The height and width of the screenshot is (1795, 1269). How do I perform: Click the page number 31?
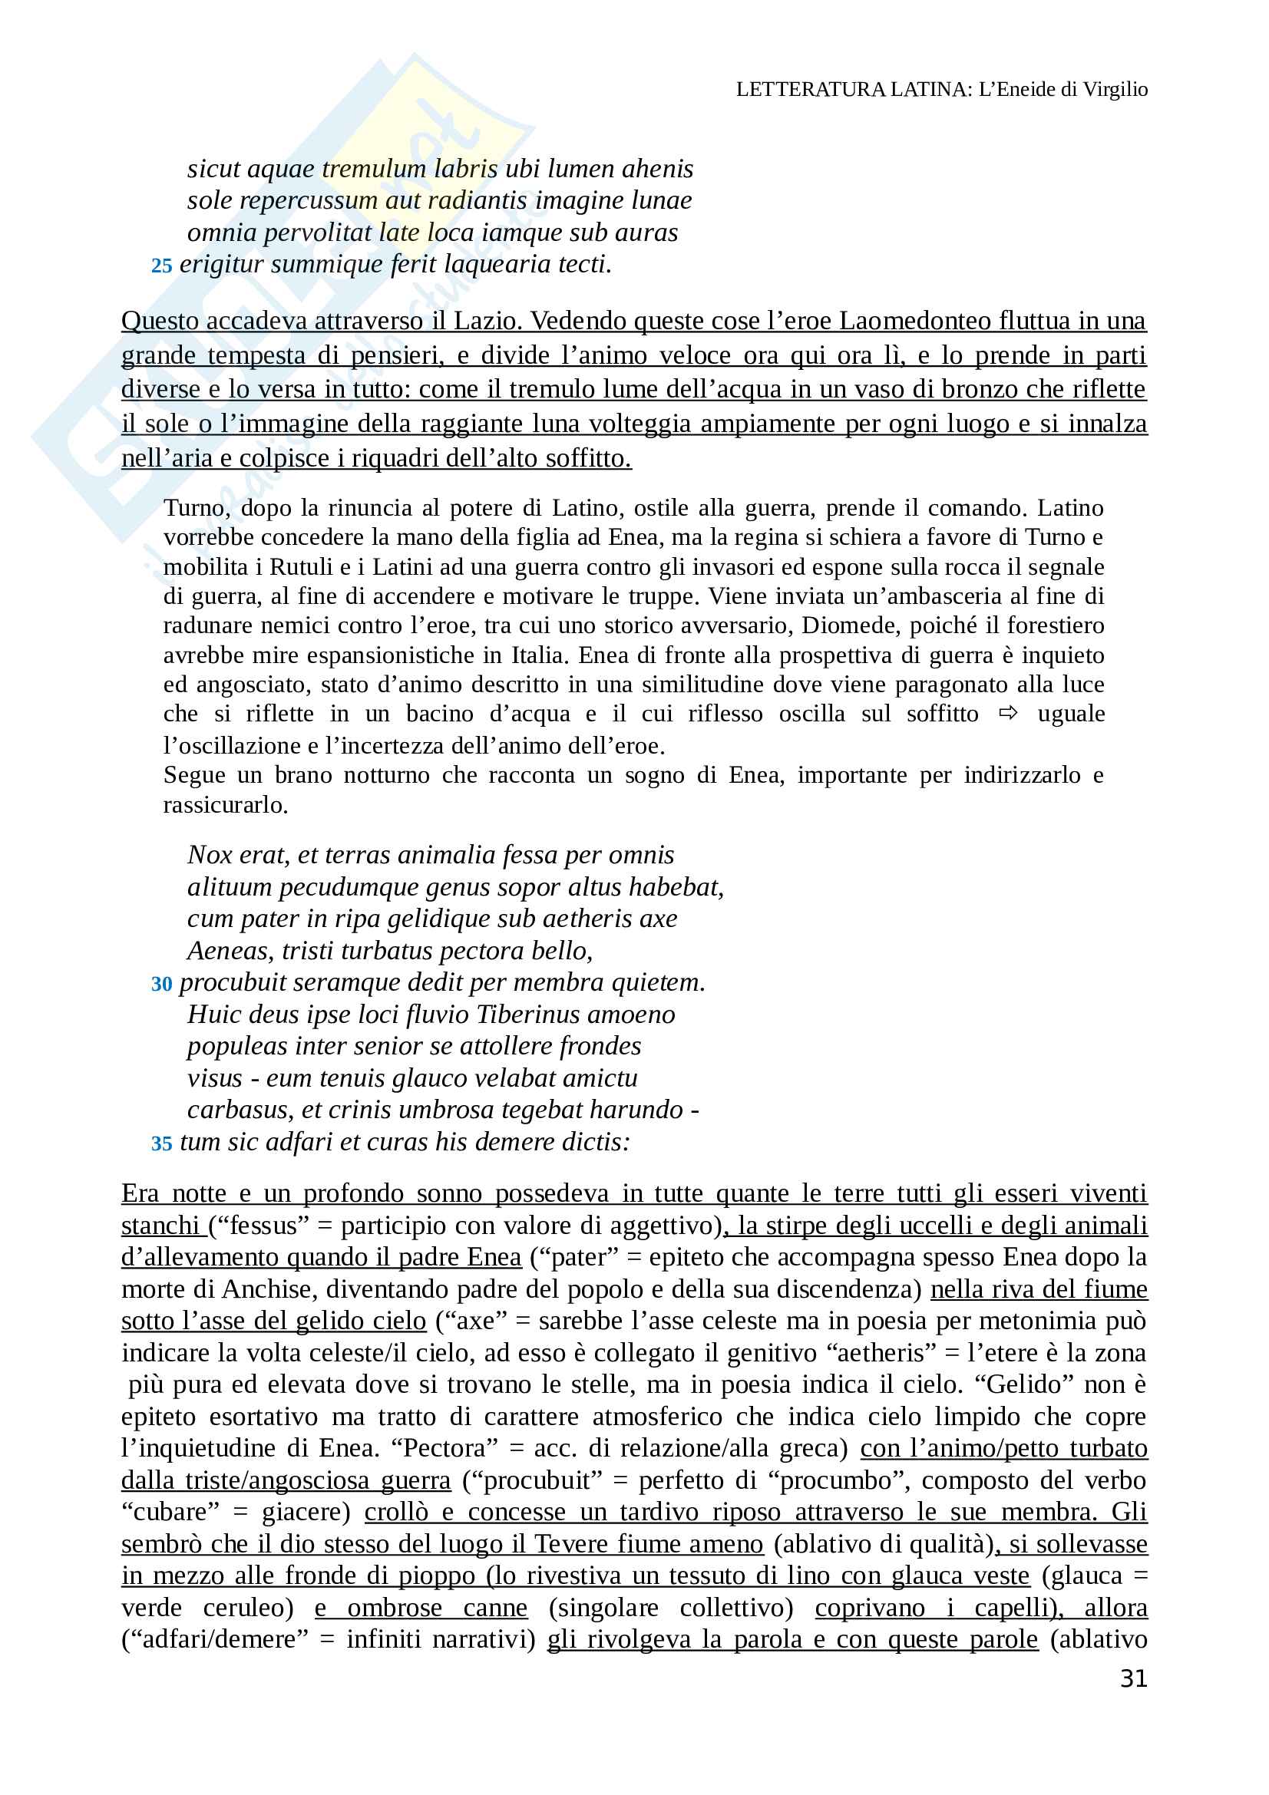[x=1133, y=1678]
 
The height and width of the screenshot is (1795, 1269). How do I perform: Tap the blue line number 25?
[x=161, y=266]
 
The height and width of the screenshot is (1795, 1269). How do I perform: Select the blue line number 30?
[x=161, y=984]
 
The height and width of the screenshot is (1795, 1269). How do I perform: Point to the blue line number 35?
[x=161, y=1143]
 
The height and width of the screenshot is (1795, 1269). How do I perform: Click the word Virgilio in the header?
[x=1115, y=89]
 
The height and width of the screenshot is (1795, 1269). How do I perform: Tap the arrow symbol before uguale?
[x=1008, y=713]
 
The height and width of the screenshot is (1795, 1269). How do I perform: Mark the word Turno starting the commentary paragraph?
[x=197, y=508]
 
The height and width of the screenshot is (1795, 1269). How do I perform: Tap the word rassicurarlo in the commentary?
[x=225, y=804]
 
